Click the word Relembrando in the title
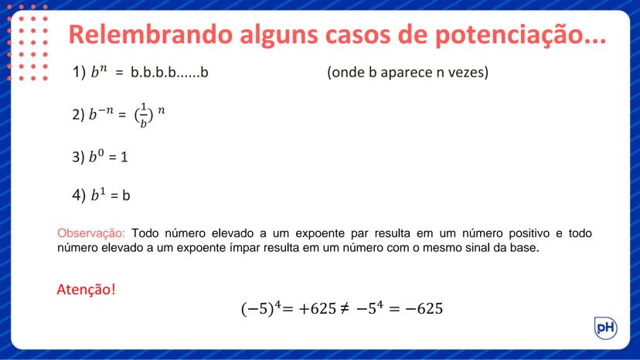[x=145, y=34]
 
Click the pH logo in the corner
[x=605, y=328]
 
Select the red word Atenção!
[x=87, y=290]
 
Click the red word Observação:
[x=91, y=233]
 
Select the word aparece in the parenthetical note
[x=401, y=74]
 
